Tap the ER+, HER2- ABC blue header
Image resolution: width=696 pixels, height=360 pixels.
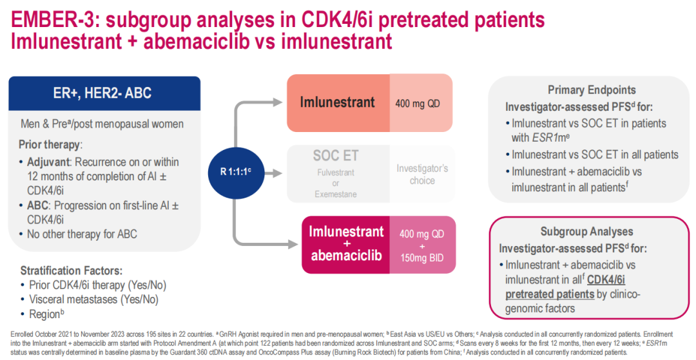click(104, 93)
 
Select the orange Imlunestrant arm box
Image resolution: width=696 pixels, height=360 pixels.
click(337, 102)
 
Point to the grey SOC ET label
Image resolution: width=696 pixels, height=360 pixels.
click(335, 156)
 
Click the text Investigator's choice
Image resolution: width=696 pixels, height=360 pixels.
click(422, 174)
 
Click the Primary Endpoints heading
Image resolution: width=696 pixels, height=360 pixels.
click(592, 90)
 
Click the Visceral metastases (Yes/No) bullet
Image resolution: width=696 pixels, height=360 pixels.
click(93, 299)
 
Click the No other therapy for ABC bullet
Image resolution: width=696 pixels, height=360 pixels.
click(82, 234)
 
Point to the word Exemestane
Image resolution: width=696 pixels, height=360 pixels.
click(335, 193)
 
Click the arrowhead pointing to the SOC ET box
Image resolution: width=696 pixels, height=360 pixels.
click(278, 173)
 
